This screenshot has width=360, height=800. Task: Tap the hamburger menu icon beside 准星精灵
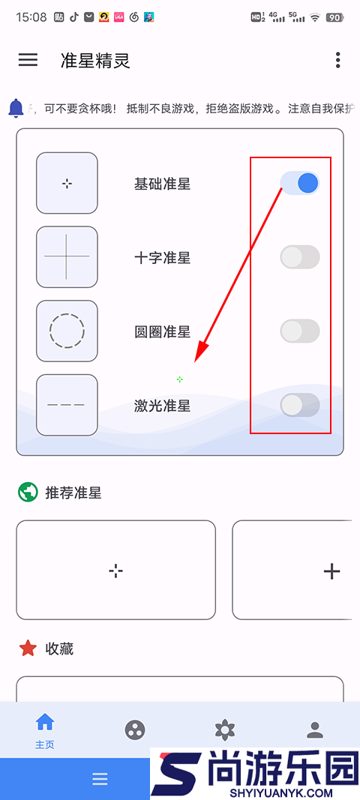click(28, 60)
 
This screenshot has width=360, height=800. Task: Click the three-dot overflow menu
click(338, 60)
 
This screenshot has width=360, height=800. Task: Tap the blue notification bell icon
click(16, 108)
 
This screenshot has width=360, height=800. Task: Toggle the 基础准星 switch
click(300, 183)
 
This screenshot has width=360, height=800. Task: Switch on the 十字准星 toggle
click(300, 257)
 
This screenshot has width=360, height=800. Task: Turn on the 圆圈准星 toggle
click(300, 331)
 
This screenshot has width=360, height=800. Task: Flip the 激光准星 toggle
click(300, 405)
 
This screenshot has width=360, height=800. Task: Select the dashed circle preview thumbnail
click(67, 331)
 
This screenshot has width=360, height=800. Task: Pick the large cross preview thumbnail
click(67, 256)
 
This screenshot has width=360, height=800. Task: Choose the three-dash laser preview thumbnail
click(67, 405)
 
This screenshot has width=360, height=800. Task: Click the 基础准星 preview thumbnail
click(67, 183)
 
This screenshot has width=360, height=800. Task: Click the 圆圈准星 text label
click(162, 331)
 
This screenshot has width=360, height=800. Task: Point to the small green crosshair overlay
click(179, 379)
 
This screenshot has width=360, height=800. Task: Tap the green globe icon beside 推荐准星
click(28, 493)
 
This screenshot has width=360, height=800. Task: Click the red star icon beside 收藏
click(28, 649)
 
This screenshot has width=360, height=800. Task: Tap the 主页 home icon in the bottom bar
click(45, 723)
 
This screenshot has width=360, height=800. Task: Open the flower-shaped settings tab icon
click(224, 730)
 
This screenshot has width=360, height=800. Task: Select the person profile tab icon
click(315, 730)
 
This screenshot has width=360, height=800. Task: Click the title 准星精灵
click(95, 61)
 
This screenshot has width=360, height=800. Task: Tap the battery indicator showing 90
click(334, 17)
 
